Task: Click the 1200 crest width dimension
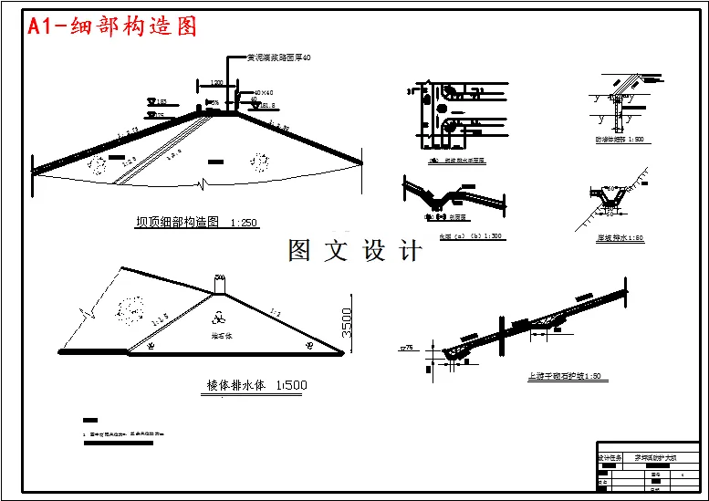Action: point(216,83)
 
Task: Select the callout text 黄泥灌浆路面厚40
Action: point(279,57)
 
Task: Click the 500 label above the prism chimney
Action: point(218,276)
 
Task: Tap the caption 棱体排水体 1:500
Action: point(251,385)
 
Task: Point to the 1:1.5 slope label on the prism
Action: point(161,320)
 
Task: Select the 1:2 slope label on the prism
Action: point(274,312)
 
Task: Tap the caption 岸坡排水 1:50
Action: point(620,237)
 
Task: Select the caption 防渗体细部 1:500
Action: point(620,140)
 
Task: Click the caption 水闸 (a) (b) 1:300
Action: point(471,236)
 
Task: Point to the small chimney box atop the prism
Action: point(218,287)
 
